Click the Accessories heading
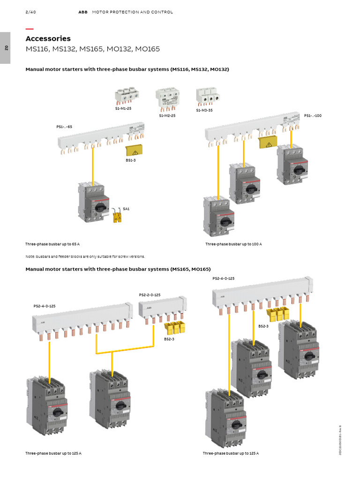[x=48, y=38]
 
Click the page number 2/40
[x=30, y=12]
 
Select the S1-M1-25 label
[x=123, y=109]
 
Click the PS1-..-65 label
[x=64, y=127]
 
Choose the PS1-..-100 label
[x=313, y=115]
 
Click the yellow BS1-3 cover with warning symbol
[x=135, y=150]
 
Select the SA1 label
[x=126, y=209]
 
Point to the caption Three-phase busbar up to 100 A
[x=233, y=244]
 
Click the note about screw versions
[x=85, y=256]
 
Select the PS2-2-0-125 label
[x=150, y=295]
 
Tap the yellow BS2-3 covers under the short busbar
[x=175, y=327]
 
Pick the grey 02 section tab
[x=5, y=48]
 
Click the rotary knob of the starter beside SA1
[x=99, y=206]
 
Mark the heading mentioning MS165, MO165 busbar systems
[x=118, y=270]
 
